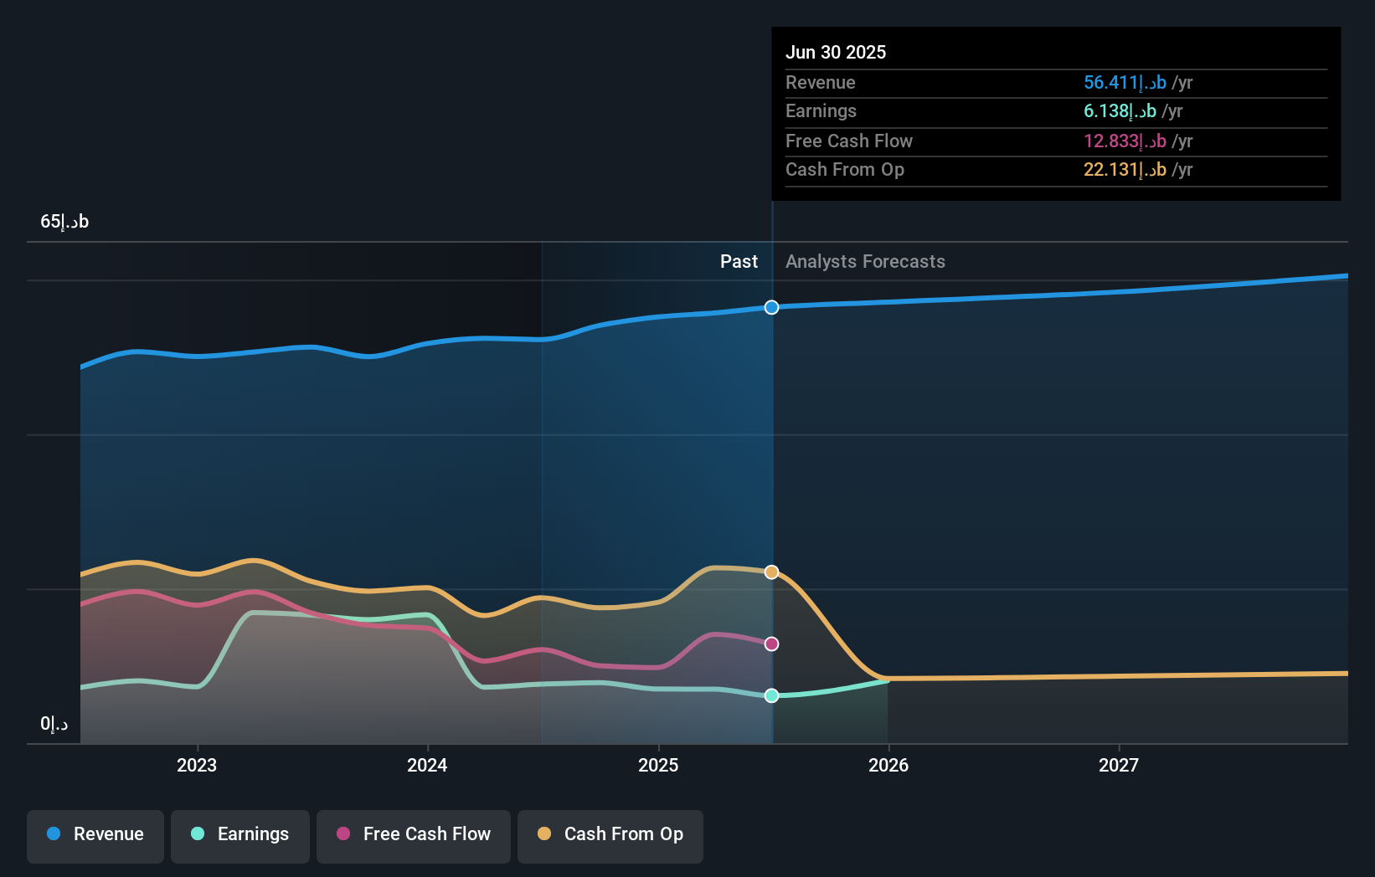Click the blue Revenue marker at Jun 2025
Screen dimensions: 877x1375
tap(771, 307)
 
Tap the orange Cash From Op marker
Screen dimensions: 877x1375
tap(771, 572)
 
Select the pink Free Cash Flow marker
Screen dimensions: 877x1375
tap(771, 644)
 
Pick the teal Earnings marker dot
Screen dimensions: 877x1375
tap(771, 695)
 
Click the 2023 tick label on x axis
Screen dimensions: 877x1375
tap(197, 765)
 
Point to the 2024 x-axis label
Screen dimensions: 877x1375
tap(427, 765)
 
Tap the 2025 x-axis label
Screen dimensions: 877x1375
tap(658, 765)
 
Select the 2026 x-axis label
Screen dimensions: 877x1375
tap(888, 765)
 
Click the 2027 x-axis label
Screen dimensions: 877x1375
tap(1119, 765)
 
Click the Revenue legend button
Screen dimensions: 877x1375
tap(95, 834)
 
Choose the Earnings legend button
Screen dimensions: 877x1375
tap(240, 834)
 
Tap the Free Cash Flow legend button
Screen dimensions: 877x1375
tap(414, 834)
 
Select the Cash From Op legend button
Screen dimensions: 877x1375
tap(610, 834)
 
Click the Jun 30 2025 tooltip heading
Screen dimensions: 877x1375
tap(835, 52)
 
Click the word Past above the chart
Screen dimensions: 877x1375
tap(739, 261)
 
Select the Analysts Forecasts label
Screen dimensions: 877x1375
tap(865, 261)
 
